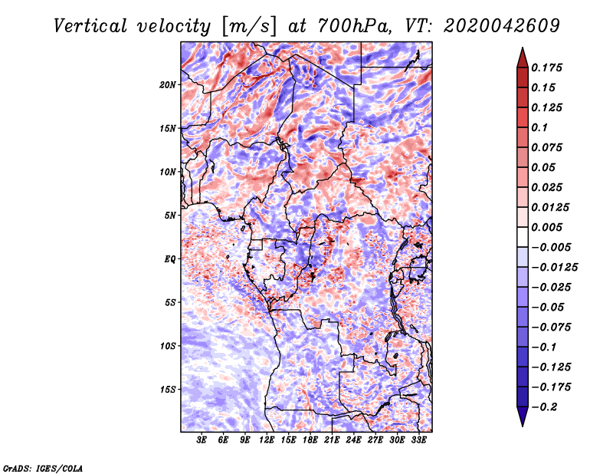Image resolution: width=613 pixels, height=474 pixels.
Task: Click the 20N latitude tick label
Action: click(168, 84)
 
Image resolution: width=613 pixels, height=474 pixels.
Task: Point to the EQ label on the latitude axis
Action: click(171, 258)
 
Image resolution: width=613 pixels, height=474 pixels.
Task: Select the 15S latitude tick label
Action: click(168, 389)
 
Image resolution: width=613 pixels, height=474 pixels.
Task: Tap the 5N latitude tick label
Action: click(171, 215)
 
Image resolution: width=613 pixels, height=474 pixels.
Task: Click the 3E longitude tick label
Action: click(202, 440)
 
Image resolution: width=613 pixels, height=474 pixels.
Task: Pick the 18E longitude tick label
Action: click(310, 440)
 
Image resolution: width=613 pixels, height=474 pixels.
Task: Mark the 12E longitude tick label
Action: click(267, 440)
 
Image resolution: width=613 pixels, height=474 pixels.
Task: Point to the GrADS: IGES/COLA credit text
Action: click(43, 466)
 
